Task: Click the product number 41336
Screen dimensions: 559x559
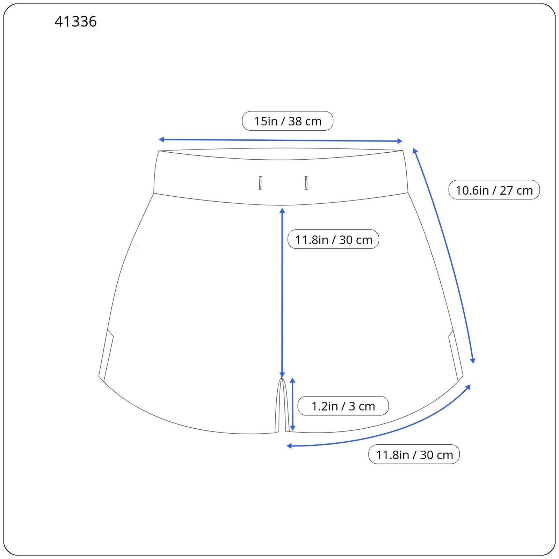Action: click(x=75, y=22)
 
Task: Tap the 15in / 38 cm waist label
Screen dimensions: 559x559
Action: click(x=288, y=121)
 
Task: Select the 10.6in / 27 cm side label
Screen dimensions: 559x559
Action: click(x=494, y=190)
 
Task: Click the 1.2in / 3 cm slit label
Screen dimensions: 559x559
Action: click(x=343, y=406)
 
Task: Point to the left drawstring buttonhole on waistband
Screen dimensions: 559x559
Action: click(x=260, y=183)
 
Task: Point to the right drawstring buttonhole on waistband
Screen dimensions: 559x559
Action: click(x=306, y=183)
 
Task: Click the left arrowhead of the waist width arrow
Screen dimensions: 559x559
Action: click(x=161, y=139)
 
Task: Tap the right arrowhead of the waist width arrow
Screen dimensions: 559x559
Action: click(x=400, y=141)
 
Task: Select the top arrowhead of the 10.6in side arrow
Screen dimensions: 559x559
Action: click(x=415, y=151)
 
